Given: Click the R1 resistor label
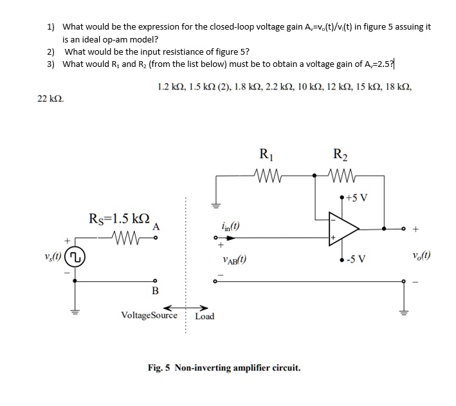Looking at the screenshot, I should point(265,155).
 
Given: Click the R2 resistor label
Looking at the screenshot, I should point(340,155).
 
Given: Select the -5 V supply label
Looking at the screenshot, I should point(356,260).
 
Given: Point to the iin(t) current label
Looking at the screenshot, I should point(230,225).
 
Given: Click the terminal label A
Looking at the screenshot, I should point(155,226).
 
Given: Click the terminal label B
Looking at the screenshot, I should point(155,290).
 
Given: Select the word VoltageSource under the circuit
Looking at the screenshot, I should point(149,316).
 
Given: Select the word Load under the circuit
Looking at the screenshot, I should point(205,316).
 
